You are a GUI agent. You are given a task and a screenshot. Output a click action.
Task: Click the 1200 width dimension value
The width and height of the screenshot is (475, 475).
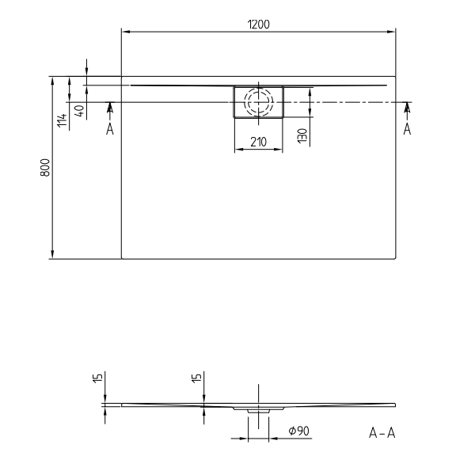pos(258,24)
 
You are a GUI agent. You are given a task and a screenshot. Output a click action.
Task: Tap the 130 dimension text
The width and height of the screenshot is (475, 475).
pos(301,135)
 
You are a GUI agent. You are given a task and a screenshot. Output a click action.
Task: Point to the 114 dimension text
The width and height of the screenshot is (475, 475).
pos(62,120)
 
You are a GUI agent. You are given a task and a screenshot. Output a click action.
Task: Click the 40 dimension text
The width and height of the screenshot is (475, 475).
pos(78,111)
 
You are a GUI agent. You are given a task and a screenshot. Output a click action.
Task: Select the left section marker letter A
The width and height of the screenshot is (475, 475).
pos(109,129)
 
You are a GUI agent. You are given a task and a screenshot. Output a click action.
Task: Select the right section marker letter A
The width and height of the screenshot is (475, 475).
pos(407,129)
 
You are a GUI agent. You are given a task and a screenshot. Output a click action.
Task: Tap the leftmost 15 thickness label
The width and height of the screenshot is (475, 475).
pos(96,378)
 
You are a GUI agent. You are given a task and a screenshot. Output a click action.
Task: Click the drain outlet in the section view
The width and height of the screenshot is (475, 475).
pos(258,411)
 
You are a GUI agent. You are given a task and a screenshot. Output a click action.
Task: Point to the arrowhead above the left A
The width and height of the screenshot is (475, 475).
pos(109,107)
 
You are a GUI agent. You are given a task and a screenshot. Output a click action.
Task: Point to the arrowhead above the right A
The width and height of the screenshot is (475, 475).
pos(407,107)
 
